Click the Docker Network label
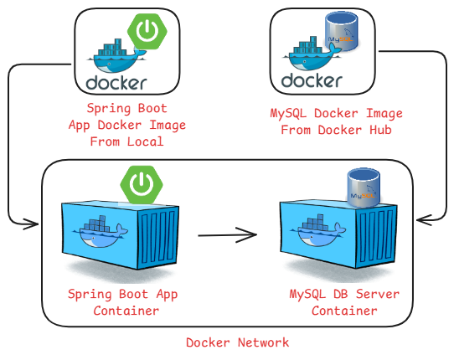click(237, 342)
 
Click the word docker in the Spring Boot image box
click(116, 82)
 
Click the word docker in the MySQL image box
click(312, 81)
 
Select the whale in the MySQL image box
click(311, 56)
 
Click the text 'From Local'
click(126, 141)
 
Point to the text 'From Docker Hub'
click(342, 130)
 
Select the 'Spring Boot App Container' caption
click(123, 302)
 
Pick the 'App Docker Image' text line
click(126, 125)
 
